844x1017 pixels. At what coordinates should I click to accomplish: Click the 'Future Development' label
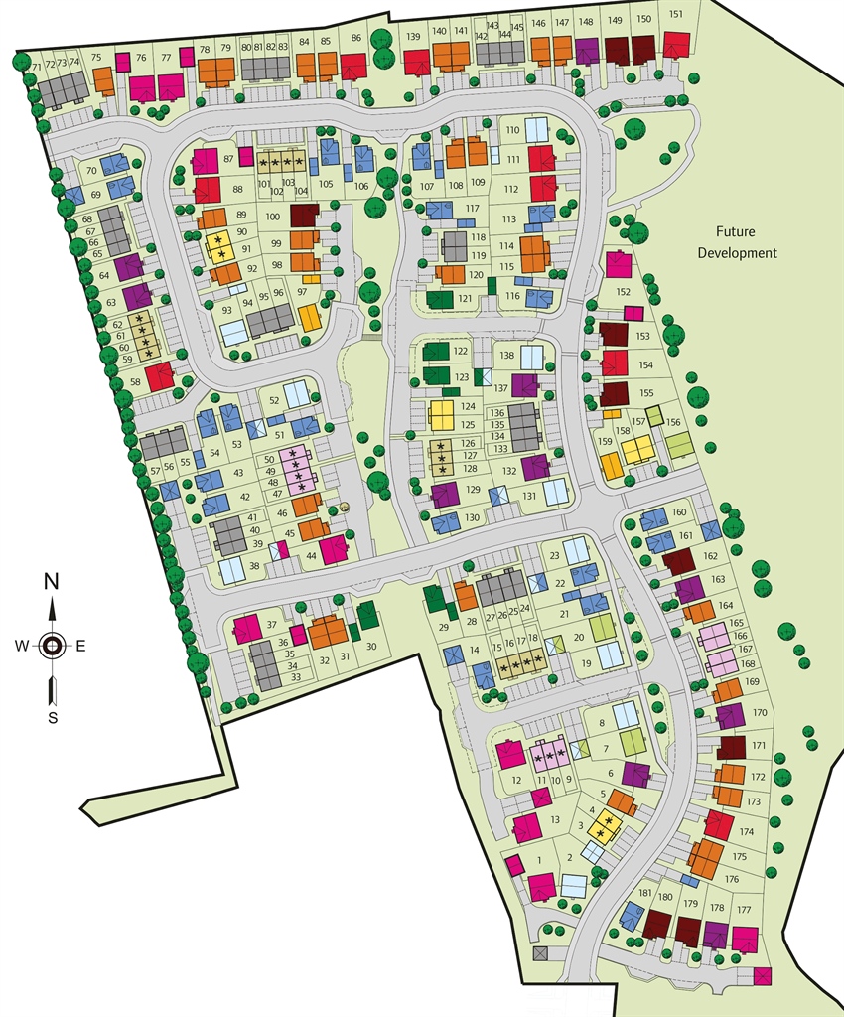coord(737,242)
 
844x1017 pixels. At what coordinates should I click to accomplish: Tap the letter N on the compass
coord(52,582)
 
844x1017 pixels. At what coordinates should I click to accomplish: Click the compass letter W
coord(21,647)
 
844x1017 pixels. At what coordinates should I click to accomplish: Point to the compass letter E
coord(81,647)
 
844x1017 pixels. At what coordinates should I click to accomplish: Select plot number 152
coord(623,292)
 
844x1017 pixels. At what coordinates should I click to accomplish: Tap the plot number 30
coord(371,646)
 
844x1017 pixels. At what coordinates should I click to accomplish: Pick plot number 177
coord(743,910)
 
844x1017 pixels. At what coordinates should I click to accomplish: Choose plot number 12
coord(516,781)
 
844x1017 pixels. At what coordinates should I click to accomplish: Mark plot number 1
coord(539,860)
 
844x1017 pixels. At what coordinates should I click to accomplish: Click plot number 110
coord(512,130)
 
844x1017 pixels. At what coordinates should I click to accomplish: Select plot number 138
coord(506,355)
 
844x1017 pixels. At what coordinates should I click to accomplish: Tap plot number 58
coord(135,382)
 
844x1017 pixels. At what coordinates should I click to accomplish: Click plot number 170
coord(760,713)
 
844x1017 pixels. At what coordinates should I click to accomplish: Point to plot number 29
coord(443,626)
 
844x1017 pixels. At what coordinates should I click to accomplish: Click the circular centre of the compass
coord(52,647)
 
